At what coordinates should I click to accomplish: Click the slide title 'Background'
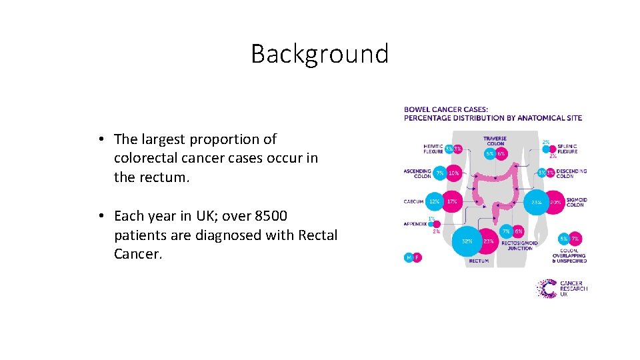(319, 54)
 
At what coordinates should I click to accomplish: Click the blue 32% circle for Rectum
(467, 241)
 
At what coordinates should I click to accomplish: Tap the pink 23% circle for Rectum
(488, 241)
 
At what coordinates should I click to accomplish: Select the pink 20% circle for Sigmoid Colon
(555, 201)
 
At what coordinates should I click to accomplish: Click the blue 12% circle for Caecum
(434, 201)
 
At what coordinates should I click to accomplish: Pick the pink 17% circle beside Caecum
(451, 201)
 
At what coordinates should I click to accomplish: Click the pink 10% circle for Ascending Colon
(453, 173)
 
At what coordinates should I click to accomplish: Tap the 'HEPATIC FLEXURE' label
(433, 149)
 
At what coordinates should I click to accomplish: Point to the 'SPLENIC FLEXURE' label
(567, 149)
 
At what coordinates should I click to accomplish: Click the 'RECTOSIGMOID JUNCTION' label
(519, 245)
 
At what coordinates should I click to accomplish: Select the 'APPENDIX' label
(415, 224)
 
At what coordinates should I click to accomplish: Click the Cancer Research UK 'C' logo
(547, 288)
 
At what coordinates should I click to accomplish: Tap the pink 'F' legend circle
(417, 257)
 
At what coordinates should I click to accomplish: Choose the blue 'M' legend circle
(409, 257)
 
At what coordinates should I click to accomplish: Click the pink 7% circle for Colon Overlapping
(575, 239)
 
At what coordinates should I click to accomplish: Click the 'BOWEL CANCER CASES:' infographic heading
(446, 109)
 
